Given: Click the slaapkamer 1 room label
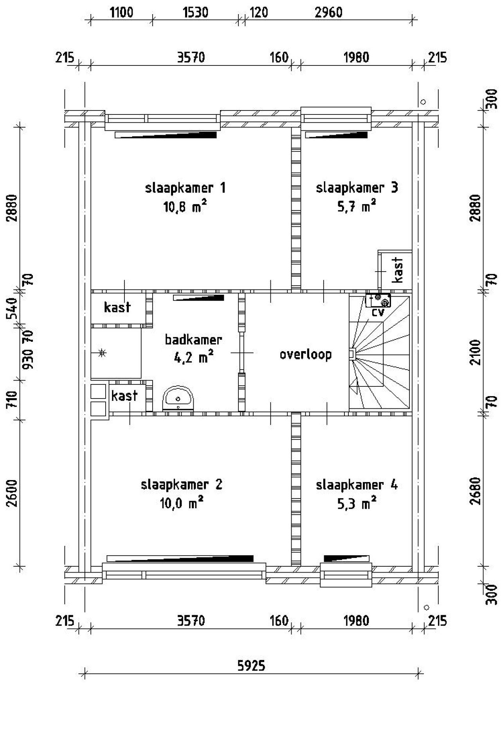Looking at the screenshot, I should (x=185, y=188).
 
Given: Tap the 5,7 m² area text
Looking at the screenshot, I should (x=357, y=206).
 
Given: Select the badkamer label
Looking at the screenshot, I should (x=193, y=339).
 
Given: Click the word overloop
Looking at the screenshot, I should (x=306, y=354).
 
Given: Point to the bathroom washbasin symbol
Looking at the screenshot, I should (x=178, y=398).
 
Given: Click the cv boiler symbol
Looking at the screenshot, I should (x=378, y=300).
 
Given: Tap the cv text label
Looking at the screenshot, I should (x=378, y=313).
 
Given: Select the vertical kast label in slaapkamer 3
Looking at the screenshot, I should (x=397, y=270).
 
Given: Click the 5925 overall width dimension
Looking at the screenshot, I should (x=251, y=665).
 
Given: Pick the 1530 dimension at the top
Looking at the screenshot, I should (x=195, y=13).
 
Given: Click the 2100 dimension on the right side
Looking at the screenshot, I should (x=475, y=352).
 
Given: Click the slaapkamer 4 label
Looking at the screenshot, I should (x=357, y=485).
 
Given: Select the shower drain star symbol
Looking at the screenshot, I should (x=102, y=353).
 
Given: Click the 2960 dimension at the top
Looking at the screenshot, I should (x=328, y=13).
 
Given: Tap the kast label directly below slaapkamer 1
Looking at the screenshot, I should (x=117, y=308).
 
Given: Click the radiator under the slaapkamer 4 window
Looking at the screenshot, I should (x=347, y=558).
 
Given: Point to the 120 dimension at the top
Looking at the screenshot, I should (x=259, y=13).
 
